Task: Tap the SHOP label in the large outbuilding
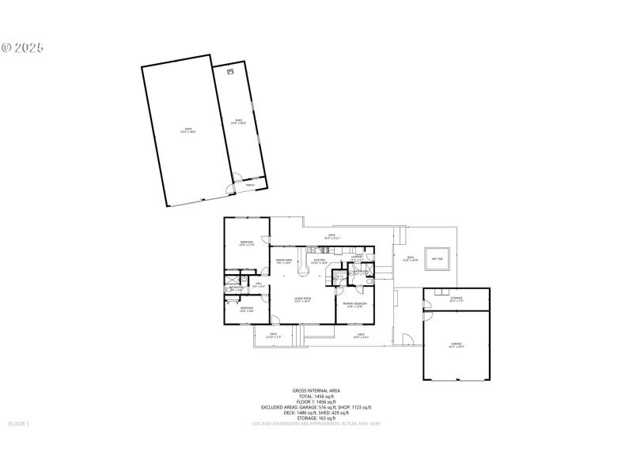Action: (x=188, y=130)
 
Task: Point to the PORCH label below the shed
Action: (x=250, y=186)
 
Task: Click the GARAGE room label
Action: (x=456, y=345)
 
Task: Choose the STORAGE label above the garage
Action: (x=457, y=299)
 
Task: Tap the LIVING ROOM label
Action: (x=302, y=299)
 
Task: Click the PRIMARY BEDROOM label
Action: (x=354, y=304)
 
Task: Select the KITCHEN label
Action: (x=320, y=261)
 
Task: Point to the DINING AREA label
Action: (x=284, y=261)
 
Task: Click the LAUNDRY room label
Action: (x=357, y=256)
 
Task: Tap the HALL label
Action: (x=258, y=285)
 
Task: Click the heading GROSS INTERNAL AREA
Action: (x=316, y=390)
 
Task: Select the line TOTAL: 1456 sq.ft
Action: (x=316, y=396)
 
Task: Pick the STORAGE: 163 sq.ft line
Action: (x=316, y=418)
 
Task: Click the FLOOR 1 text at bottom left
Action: (x=18, y=424)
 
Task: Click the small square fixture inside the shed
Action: (x=230, y=72)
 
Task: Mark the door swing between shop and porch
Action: (x=230, y=188)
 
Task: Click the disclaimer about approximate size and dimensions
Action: (x=316, y=424)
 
